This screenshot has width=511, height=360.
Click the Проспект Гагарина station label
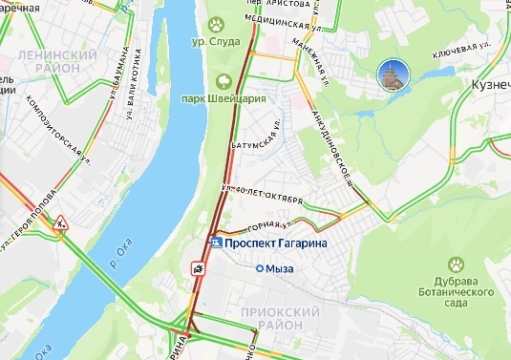click(x=276, y=244)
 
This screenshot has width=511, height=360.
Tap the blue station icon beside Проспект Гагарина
click(x=216, y=244)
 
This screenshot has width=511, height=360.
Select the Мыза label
click(x=279, y=269)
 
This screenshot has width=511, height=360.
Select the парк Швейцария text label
click(x=223, y=98)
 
